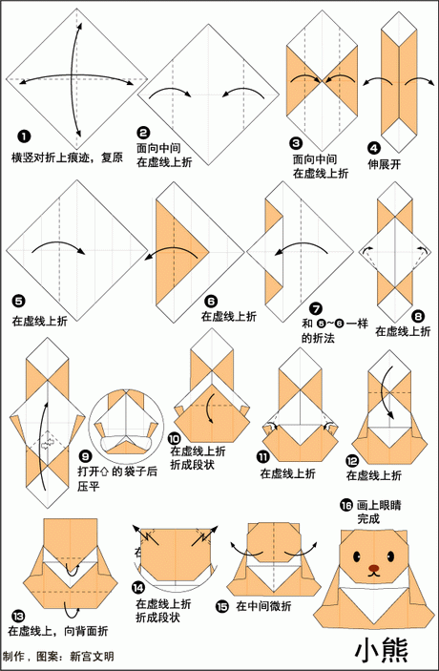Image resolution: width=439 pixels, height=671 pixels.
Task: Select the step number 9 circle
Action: (x=85, y=456)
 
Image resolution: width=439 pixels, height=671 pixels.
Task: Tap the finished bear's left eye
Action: (x=360, y=561)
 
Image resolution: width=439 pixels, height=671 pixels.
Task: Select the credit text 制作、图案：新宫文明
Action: (x=59, y=658)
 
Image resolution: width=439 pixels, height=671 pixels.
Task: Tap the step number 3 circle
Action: (x=297, y=142)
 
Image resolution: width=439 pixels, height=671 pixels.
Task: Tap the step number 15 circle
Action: (x=221, y=605)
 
